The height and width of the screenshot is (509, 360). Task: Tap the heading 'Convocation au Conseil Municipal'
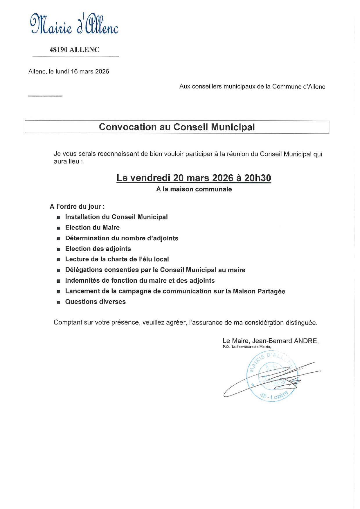coord(177,127)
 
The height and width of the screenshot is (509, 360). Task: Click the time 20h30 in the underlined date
coord(258,178)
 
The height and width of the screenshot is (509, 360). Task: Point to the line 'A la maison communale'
coord(194,189)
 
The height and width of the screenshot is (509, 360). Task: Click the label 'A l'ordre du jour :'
coord(77,207)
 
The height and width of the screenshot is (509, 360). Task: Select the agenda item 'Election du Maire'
coord(92,228)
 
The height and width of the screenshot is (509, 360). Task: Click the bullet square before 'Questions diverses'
coord(59,302)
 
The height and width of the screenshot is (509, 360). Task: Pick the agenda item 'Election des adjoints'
coord(98,249)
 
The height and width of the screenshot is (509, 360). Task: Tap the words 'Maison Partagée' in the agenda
coord(259,291)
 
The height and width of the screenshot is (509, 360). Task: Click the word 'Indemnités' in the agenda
coord(82,281)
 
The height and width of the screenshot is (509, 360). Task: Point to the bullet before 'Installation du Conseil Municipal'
coord(59,217)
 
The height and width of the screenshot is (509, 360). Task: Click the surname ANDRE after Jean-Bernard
coord(306,341)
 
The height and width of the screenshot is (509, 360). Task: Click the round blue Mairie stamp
coord(271,377)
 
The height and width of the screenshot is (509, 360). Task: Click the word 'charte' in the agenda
coord(116,259)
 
